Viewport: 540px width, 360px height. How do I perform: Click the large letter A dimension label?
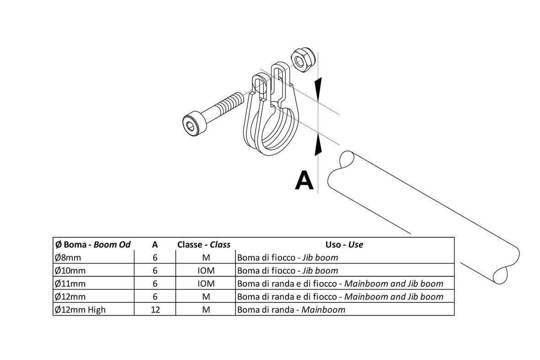click(x=305, y=179)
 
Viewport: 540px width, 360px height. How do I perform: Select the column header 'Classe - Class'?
click(x=204, y=244)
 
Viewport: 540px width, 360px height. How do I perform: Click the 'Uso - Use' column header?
click(x=344, y=244)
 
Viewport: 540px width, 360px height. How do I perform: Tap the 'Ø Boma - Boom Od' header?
click(x=93, y=244)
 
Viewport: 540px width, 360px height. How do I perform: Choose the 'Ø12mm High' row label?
click(x=80, y=310)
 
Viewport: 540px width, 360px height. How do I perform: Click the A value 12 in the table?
click(x=155, y=310)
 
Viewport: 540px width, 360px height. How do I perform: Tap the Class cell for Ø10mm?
click(x=206, y=270)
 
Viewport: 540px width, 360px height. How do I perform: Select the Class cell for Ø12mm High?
click(x=206, y=310)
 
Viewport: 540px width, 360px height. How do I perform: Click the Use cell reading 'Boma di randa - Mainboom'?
click(x=291, y=310)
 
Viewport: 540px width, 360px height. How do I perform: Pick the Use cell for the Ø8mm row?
click(x=288, y=258)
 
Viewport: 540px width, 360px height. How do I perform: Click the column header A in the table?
click(x=155, y=244)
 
